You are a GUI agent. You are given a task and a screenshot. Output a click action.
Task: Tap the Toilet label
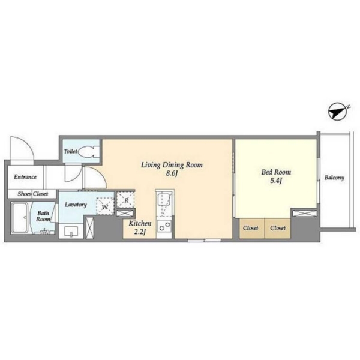(70, 151)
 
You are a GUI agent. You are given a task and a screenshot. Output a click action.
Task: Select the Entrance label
(25, 177)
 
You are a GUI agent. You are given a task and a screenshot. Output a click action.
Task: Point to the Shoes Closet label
(33, 194)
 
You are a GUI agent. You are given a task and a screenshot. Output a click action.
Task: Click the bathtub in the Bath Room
(20, 218)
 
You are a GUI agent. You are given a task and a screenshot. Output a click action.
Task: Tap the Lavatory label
(76, 205)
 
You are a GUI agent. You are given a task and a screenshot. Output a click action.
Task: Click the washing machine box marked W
(105, 206)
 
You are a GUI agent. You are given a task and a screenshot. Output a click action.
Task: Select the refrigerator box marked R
(125, 200)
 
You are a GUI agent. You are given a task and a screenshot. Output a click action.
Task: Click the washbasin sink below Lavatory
(71, 232)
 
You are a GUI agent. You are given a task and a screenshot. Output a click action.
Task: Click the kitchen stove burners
(164, 226)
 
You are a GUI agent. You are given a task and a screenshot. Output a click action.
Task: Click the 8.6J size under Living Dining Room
(172, 174)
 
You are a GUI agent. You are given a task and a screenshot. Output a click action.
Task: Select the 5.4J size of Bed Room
(276, 181)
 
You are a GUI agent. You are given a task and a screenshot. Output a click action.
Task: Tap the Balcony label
(334, 178)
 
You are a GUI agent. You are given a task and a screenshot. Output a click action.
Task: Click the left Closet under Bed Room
(251, 228)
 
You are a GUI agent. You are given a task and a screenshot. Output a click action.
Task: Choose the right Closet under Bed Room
(278, 228)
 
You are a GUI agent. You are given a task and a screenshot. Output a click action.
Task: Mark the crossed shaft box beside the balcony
(304, 213)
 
